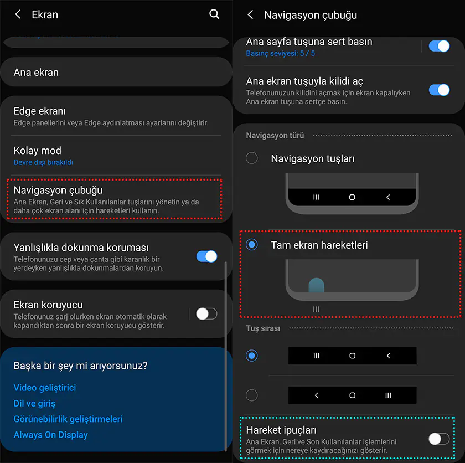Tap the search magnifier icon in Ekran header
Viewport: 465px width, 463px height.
(214, 14)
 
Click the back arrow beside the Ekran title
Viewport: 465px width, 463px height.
(18, 14)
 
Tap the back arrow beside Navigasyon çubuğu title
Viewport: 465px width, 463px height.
(250, 14)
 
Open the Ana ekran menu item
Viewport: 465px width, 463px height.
(36, 73)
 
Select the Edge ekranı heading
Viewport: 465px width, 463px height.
(40, 111)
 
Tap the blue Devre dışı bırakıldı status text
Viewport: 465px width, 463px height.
(43, 162)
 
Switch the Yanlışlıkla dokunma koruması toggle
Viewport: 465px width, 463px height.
(206, 256)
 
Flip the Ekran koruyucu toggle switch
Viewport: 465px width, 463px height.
(206, 314)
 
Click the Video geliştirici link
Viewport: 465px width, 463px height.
(45, 388)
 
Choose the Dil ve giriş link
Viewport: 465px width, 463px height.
(34, 403)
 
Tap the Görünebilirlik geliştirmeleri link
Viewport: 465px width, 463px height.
(68, 419)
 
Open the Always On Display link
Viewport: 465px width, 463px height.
(51, 435)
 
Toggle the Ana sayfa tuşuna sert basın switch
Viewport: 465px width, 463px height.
(439, 47)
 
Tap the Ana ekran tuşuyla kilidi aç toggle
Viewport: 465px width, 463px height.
(439, 90)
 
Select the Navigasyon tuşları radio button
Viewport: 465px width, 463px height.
(252, 158)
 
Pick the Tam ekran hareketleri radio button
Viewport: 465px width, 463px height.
(252, 245)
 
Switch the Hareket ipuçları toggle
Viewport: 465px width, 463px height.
(439, 439)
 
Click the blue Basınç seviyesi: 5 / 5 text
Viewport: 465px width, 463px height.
(281, 53)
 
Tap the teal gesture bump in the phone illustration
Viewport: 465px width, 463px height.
(317, 285)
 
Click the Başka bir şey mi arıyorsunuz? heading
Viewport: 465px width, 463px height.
(81, 366)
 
